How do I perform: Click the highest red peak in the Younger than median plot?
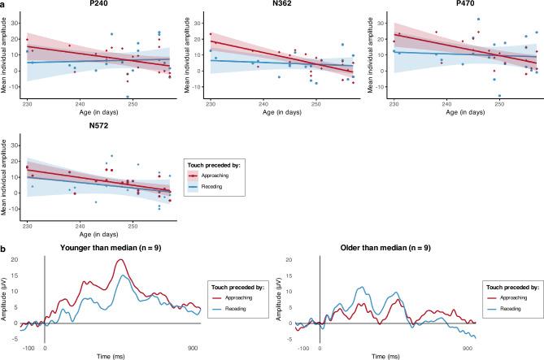120,260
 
